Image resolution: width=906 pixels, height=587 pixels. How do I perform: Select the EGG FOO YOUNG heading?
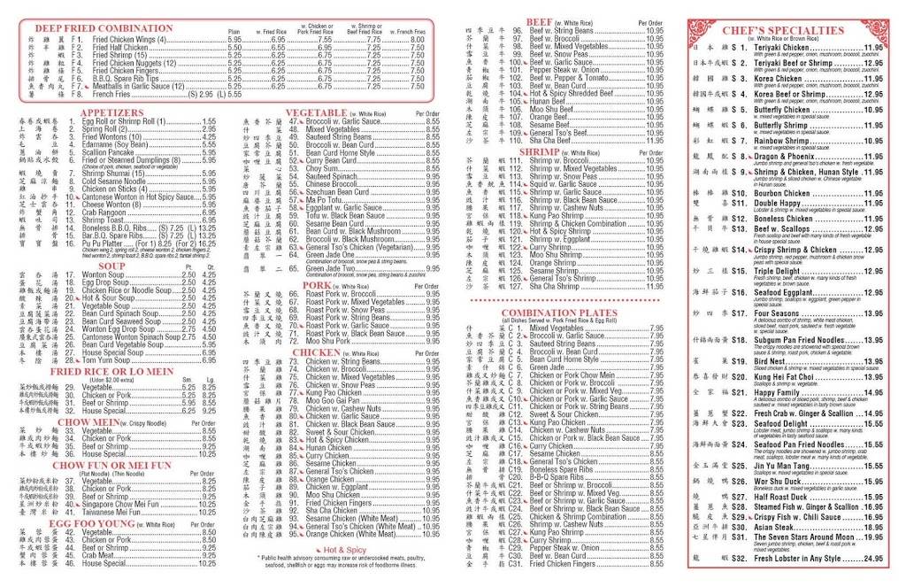[93, 523]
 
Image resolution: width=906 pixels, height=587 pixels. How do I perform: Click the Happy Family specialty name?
[779, 391]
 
